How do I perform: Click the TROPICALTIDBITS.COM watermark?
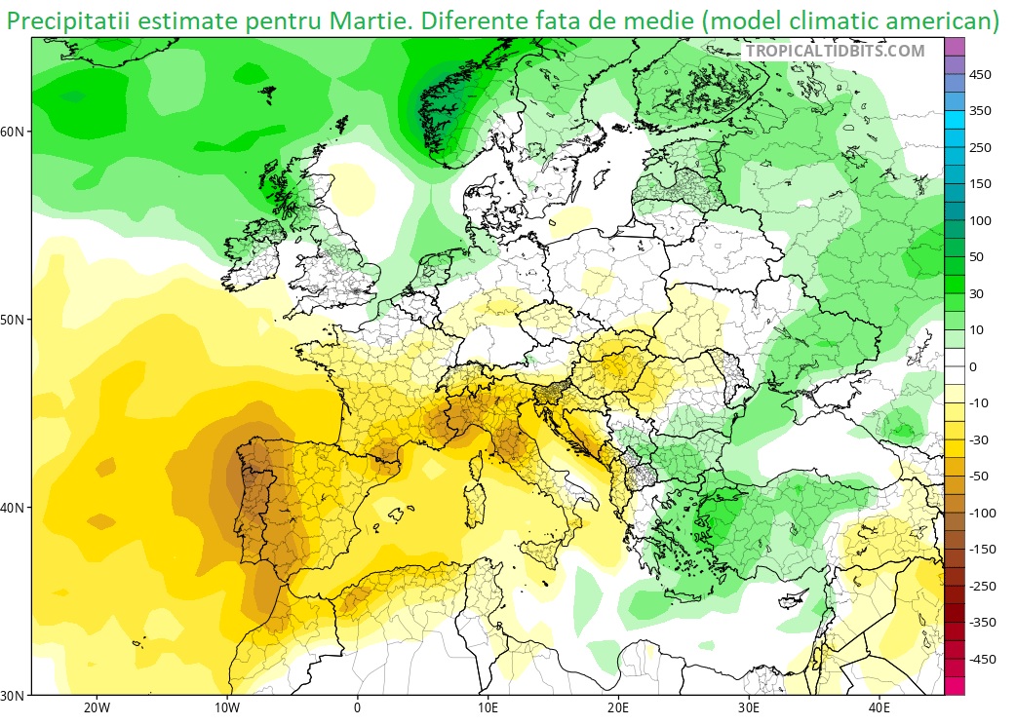(x=835, y=51)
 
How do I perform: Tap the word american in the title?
(x=926, y=19)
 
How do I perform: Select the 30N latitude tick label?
(x=15, y=696)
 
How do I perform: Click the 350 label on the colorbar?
(x=980, y=111)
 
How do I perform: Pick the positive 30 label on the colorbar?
(x=976, y=293)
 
